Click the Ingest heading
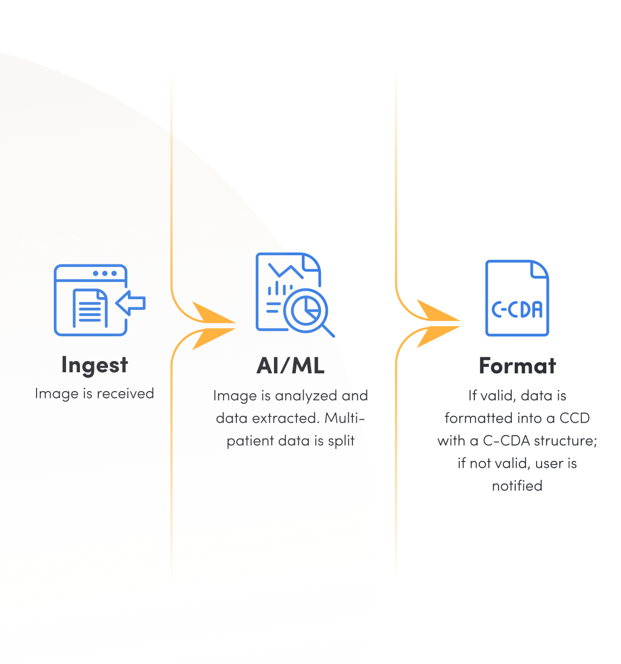click(x=95, y=365)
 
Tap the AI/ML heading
click(x=291, y=366)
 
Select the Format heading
click(x=517, y=366)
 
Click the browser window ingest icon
click(x=91, y=300)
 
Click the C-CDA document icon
click(x=517, y=298)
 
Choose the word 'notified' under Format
click(x=517, y=486)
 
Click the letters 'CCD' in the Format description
click(x=574, y=418)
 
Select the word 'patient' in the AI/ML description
click(x=250, y=441)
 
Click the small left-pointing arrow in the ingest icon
click(x=131, y=302)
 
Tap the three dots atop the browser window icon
click(x=105, y=273)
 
